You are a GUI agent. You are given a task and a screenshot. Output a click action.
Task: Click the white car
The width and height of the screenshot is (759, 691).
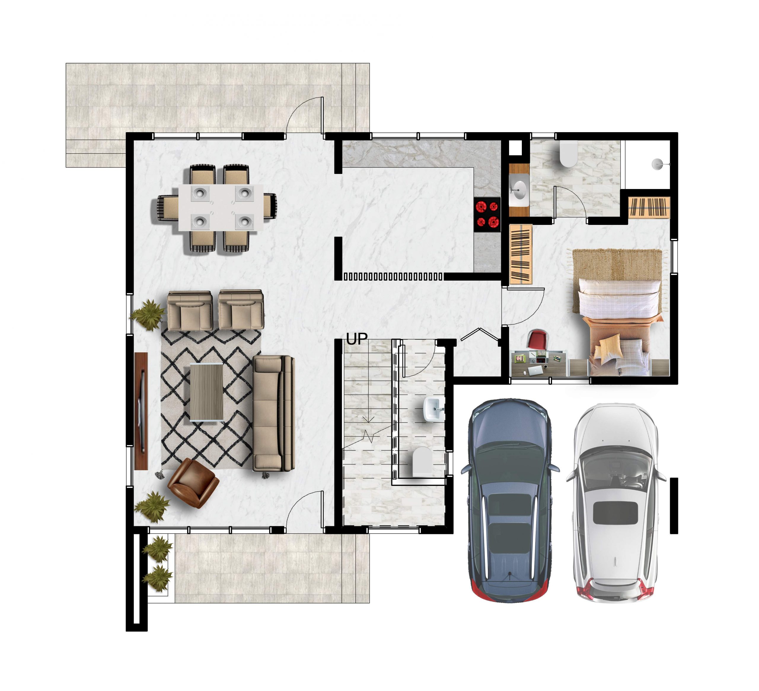615,503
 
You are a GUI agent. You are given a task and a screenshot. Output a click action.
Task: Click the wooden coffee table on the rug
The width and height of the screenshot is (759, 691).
206,392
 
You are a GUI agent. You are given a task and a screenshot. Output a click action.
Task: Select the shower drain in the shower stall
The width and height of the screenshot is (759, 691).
657,164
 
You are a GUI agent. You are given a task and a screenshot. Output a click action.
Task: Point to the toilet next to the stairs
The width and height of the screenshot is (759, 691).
422,461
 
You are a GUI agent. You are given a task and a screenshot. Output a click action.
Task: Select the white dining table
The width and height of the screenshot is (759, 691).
221,207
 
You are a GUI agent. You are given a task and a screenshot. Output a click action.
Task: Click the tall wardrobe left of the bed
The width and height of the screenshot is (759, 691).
521,255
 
